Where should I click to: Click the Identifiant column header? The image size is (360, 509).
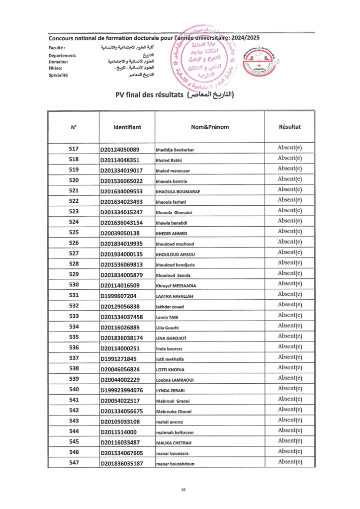[127, 127]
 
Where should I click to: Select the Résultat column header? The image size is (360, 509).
[290, 127]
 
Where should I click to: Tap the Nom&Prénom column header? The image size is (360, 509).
[209, 127]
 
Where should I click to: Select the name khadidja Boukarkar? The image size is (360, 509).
[175, 150]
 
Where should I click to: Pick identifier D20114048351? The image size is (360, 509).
[120, 160]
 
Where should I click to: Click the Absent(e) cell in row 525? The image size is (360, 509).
[290, 231]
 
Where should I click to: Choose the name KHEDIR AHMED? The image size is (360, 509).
[172, 234]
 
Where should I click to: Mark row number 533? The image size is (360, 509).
[74, 317]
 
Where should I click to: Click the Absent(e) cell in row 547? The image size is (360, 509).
[290, 462]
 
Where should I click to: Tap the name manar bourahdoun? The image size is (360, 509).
[175, 464]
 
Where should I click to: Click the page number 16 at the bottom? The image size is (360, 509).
[183, 490]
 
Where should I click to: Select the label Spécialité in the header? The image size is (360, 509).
[58, 75]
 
